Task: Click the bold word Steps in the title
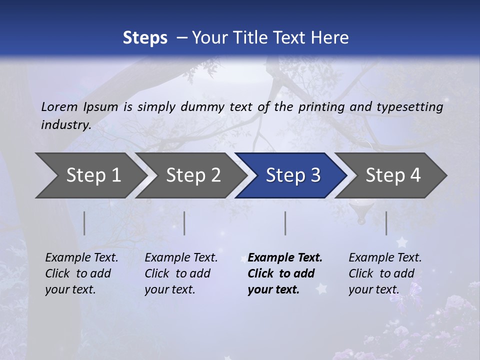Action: coord(145,38)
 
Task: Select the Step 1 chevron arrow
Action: coord(90,175)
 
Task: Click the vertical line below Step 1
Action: coord(84,223)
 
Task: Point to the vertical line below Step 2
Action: coord(184,223)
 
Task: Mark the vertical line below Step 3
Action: coord(285,223)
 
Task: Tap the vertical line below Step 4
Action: coord(386,223)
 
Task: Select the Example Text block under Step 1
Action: coord(81,273)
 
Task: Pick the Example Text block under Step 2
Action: coord(181,273)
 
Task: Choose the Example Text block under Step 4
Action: coord(385,273)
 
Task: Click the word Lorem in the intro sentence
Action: coord(59,107)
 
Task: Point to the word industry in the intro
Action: coord(66,125)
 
